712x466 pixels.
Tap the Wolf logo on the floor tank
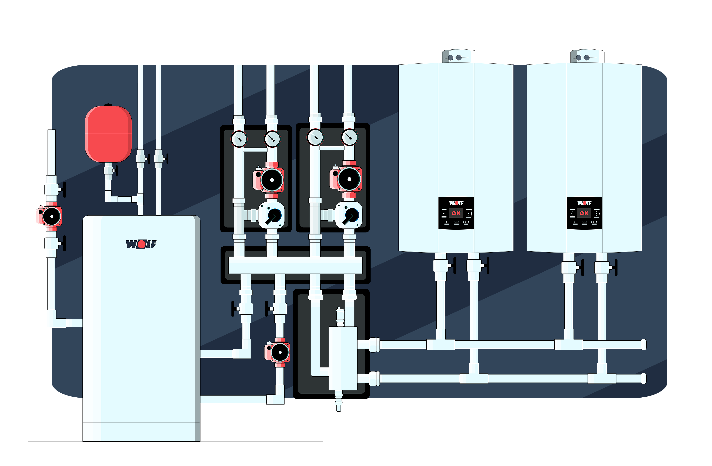tap(141, 244)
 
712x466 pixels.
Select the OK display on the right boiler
tap(584, 213)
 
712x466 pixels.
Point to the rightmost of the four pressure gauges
tap(349, 137)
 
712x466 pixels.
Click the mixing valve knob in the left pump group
tap(273, 216)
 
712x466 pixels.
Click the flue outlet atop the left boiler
tap(459, 56)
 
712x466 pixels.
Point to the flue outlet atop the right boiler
tap(587, 56)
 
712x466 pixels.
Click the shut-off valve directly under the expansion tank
tap(109, 171)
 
